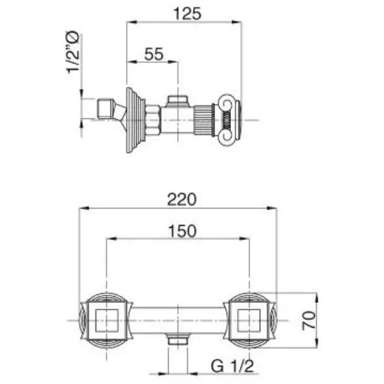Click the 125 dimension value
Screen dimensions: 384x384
[187, 14]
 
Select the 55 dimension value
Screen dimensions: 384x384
[154, 54]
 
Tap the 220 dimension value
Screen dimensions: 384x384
[182, 200]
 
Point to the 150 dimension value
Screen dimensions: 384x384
[183, 231]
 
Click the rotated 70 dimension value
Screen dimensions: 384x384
[309, 320]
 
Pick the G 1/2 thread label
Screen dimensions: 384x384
[232, 366]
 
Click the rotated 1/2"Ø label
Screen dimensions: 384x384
[73, 52]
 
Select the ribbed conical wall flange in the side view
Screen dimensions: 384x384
[135, 120]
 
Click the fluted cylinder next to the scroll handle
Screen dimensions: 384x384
[203, 120]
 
